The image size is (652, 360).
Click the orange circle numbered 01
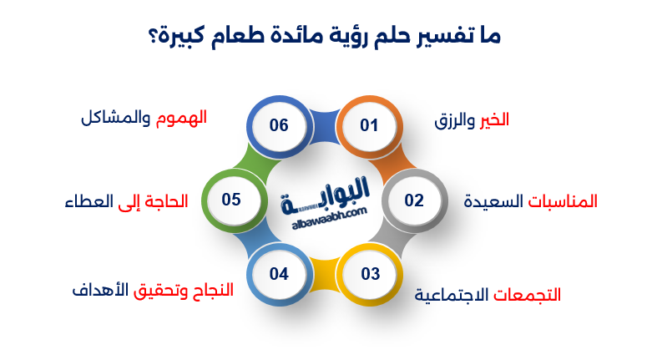pos(369,126)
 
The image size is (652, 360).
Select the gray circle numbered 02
pos(414,200)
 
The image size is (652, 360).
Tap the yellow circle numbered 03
pos(370,274)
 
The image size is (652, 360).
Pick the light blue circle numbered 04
pos(279,274)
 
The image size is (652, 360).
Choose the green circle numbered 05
pos(231,200)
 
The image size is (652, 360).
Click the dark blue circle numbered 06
pos(279,126)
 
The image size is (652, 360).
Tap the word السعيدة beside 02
pos(494,201)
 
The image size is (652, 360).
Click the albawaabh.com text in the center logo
pos(326,215)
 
